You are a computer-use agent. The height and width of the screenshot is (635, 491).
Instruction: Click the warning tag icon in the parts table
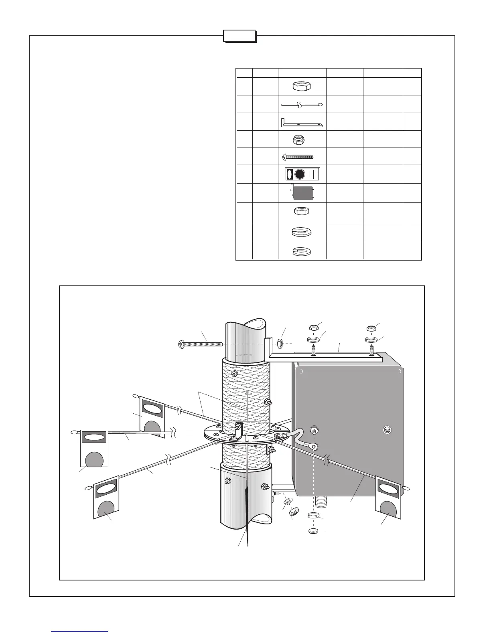[x=302, y=174]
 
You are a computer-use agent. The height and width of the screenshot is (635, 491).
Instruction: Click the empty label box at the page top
[x=239, y=36]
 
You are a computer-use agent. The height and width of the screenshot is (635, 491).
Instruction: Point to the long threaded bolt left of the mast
[x=200, y=344]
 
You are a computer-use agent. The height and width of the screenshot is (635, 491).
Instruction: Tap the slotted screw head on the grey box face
[x=387, y=429]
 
